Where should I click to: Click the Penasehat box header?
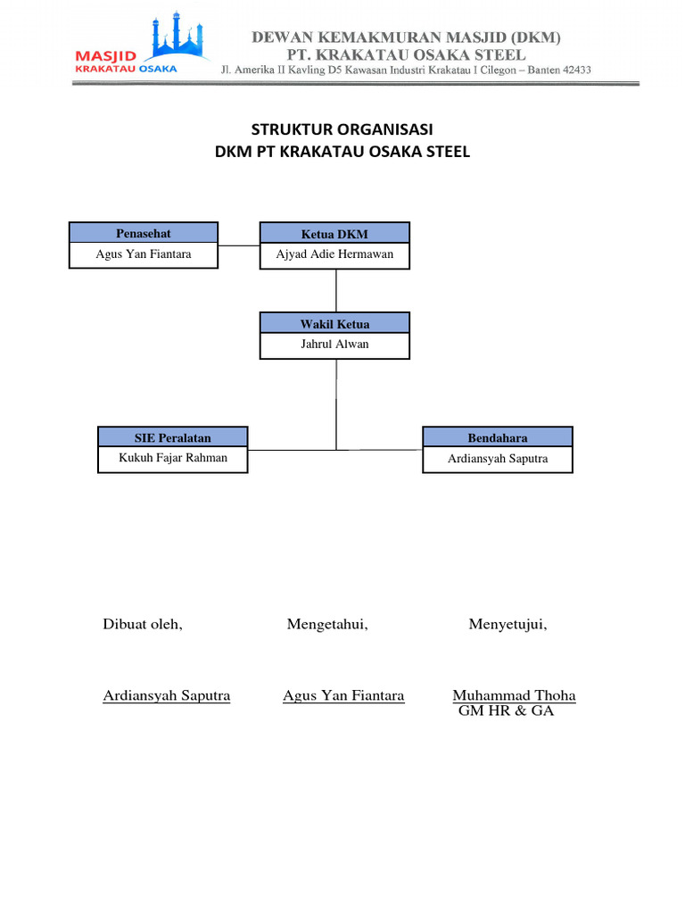pos(144,233)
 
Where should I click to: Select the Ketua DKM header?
pos(334,234)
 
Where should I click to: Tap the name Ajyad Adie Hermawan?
pos(334,254)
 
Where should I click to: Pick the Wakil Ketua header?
pos(334,324)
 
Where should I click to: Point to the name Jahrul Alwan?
pos(334,344)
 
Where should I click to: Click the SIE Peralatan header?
pos(173,438)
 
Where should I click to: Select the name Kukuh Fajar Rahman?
pos(173,458)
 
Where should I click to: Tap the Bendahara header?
pos(497,438)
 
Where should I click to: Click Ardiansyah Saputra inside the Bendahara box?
pos(497,459)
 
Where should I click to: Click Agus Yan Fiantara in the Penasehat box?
pos(144,253)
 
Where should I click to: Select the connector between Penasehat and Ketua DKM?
pos(239,245)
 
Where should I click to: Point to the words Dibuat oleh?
pos(143,625)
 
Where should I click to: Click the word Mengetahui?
pos(327,625)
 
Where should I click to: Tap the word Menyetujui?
pos(508,625)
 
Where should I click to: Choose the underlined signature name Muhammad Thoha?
pos(514,695)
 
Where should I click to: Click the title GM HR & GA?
pos(506,711)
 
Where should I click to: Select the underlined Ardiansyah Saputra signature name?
pos(167,695)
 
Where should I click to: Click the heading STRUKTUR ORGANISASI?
pos(342,130)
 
